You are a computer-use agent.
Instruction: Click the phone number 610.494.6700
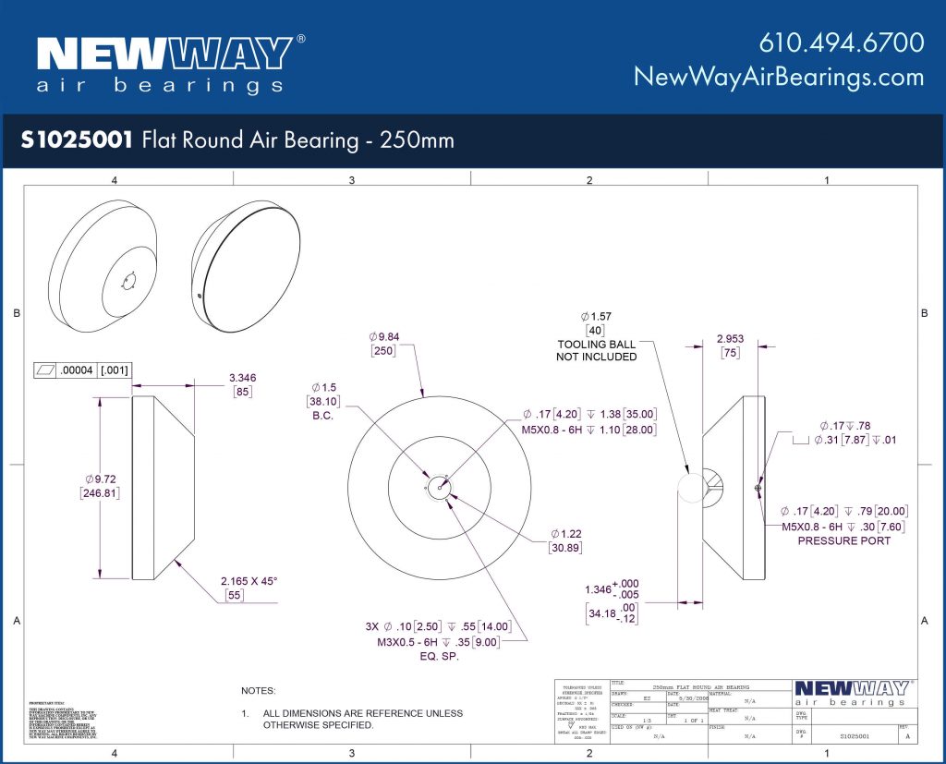click(x=842, y=43)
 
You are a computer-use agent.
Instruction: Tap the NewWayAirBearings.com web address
click(x=778, y=77)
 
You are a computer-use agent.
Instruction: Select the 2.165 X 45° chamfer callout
click(x=249, y=581)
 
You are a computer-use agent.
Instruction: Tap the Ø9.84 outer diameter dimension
click(x=386, y=335)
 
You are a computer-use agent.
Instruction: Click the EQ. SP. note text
click(x=437, y=657)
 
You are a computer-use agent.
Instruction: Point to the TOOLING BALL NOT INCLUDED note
click(x=596, y=350)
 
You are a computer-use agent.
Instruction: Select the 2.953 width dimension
click(x=730, y=339)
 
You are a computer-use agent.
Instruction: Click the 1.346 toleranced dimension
click(x=601, y=588)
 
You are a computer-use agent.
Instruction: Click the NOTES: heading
click(x=259, y=690)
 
